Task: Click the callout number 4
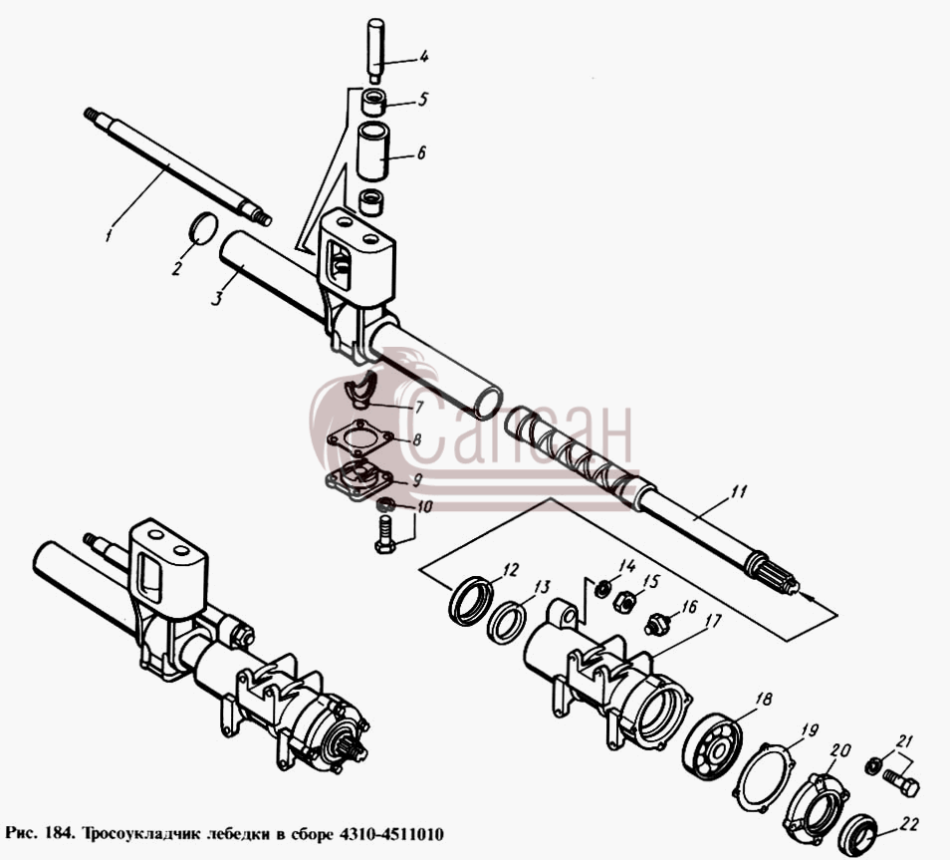point(423,57)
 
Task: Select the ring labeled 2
point(203,228)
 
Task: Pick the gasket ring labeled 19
point(765,778)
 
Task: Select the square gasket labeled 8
point(359,439)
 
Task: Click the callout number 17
point(713,622)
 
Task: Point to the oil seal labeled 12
point(471,602)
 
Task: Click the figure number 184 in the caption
point(57,834)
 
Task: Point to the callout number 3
point(217,298)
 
